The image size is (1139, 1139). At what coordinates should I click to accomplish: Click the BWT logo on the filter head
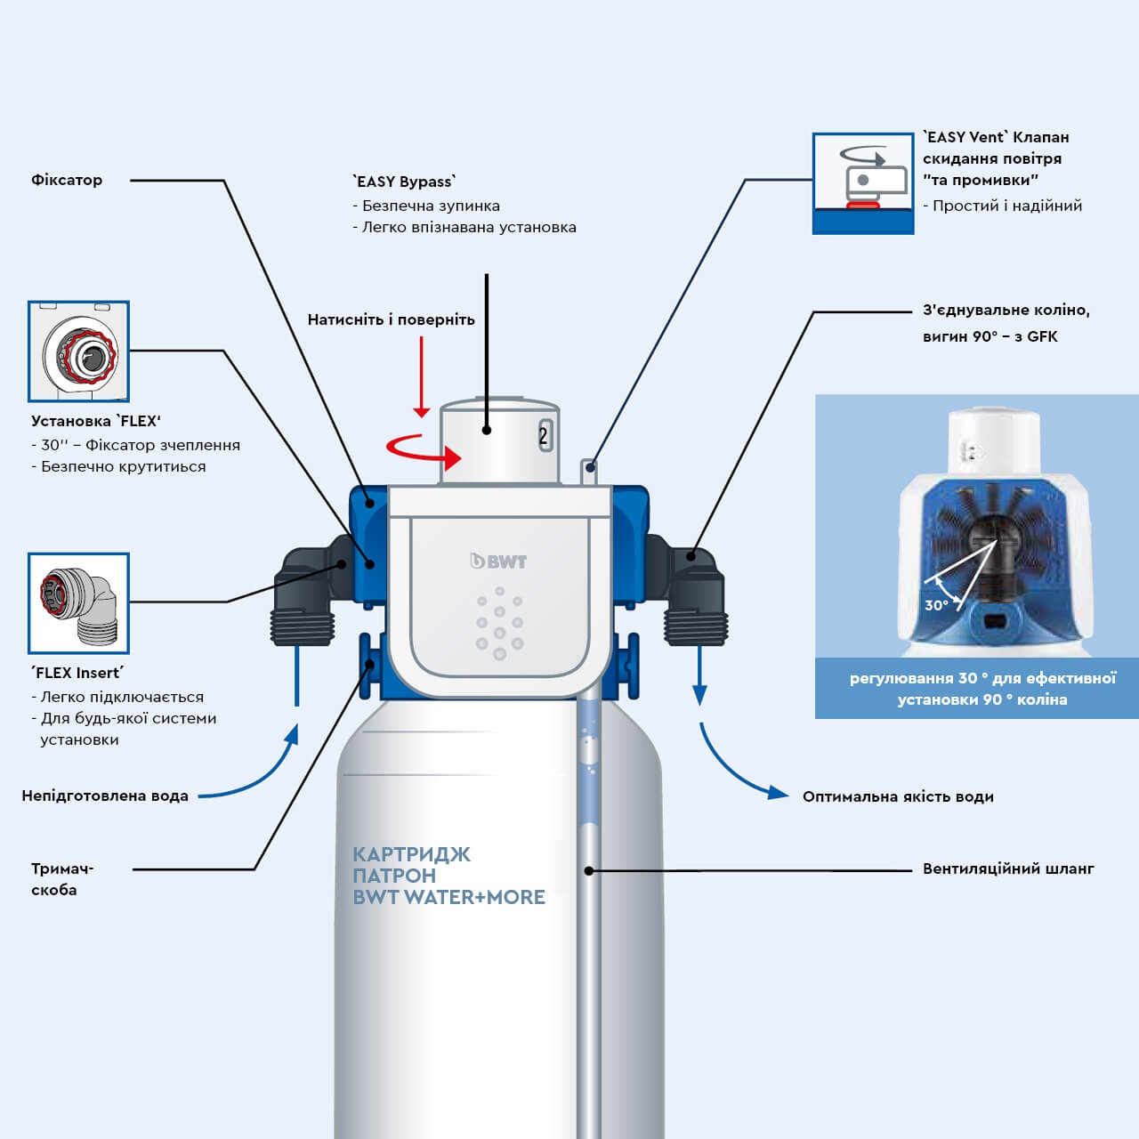point(498,561)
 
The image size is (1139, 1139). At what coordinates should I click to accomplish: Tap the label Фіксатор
point(67,180)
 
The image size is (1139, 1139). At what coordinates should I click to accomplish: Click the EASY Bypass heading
point(405,182)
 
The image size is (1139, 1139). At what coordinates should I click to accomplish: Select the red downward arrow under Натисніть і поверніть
point(422,378)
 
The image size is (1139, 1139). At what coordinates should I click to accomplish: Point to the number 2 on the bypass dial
point(544,436)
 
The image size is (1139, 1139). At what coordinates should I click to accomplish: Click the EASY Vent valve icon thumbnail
point(862,183)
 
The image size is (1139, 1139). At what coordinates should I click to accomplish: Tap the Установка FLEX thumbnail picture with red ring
point(78,351)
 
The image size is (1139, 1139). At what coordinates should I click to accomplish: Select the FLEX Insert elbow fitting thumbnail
point(78,603)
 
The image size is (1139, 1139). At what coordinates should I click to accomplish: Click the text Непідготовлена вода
point(105,796)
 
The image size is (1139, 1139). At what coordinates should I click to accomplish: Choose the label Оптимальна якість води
point(898,796)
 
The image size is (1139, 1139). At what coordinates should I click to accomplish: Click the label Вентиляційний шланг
point(1008,868)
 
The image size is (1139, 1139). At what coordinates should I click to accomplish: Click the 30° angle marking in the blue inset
point(935,605)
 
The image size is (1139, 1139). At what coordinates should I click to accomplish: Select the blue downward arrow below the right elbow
point(700,676)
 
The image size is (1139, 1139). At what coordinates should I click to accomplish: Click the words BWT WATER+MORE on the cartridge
point(448,897)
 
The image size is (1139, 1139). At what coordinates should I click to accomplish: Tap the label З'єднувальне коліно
point(1006,311)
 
